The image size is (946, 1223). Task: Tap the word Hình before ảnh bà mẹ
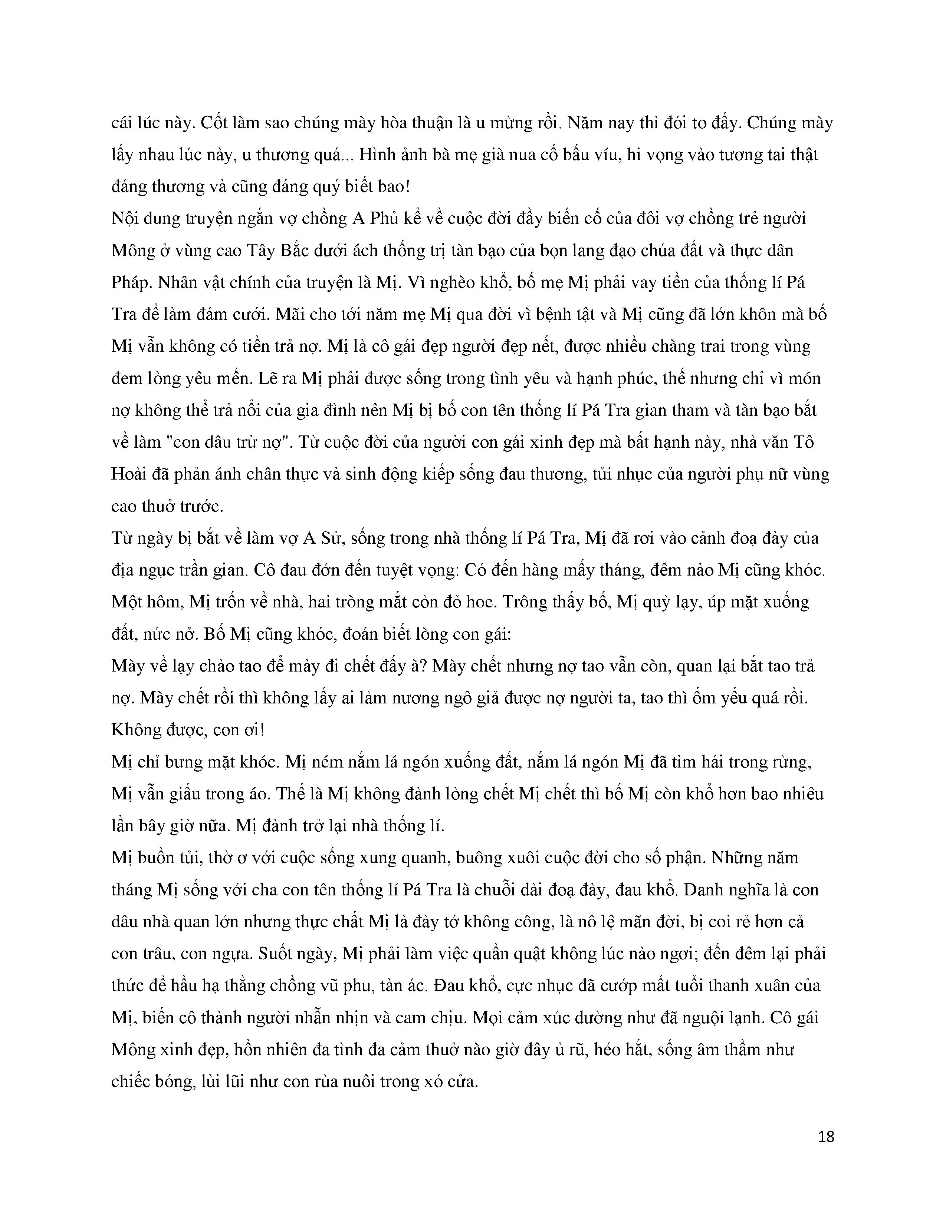click(x=380, y=155)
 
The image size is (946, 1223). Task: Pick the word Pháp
click(x=132, y=282)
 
